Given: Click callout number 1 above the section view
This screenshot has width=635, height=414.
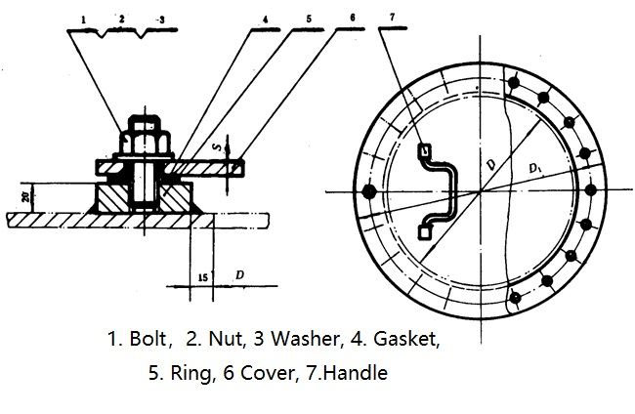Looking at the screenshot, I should tap(85, 19).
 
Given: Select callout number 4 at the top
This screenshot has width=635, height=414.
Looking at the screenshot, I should tap(265, 19).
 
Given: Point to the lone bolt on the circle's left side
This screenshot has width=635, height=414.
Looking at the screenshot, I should tap(368, 190).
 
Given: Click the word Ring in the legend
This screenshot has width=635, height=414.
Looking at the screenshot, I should tap(184, 373).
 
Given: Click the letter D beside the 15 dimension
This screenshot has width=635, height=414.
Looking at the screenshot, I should tap(239, 276).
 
